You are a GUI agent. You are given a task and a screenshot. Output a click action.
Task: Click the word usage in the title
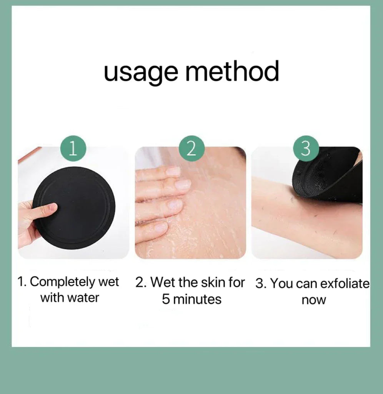141,73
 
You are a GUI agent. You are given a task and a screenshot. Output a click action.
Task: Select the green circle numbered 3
306,149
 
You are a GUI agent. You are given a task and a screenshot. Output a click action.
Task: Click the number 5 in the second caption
166,299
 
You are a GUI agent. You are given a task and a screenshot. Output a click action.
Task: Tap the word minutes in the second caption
197,299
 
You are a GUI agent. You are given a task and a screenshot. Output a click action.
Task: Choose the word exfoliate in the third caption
345,284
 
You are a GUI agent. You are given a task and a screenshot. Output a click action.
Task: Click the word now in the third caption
313,300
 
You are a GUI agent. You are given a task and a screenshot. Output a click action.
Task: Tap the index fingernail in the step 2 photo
174,171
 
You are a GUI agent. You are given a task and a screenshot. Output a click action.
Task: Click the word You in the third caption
282,284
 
